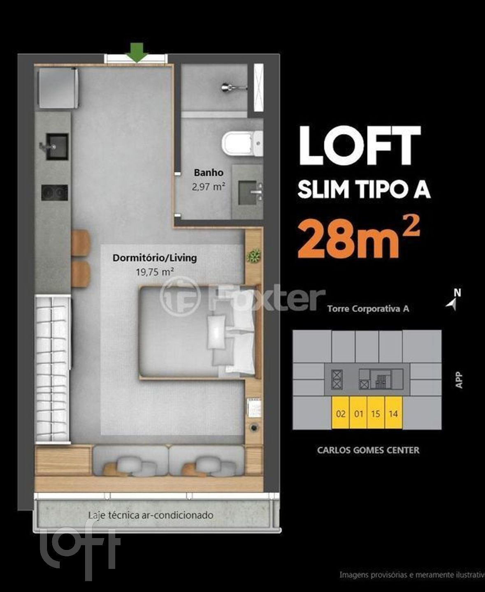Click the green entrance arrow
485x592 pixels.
pyautogui.click(x=137, y=53)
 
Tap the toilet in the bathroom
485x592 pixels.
pyautogui.click(x=242, y=143)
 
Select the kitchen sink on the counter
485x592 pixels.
pyautogui.click(x=57, y=146)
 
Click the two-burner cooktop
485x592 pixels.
pyautogui.click(x=54, y=192)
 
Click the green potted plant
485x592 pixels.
pyautogui.click(x=254, y=255)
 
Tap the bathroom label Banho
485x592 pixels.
pyautogui.click(x=209, y=172)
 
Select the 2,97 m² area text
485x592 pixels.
pyautogui.click(x=209, y=186)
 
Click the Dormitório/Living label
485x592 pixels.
pyautogui.click(x=155, y=258)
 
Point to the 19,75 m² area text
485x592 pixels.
pyautogui.click(x=155, y=272)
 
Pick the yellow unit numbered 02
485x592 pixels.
pyautogui.click(x=340, y=414)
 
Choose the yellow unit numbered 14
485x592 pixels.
pyautogui.click(x=393, y=414)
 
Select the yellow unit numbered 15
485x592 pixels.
pyautogui.click(x=376, y=414)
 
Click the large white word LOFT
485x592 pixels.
pyautogui.click(x=360, y=146)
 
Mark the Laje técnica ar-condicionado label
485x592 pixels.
pyautogui.click(x=151, y=516)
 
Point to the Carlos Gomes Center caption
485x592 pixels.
pyautogui.click(x=368, y=450)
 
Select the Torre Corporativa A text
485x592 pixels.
pyautogui.click(x=368, y=309)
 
